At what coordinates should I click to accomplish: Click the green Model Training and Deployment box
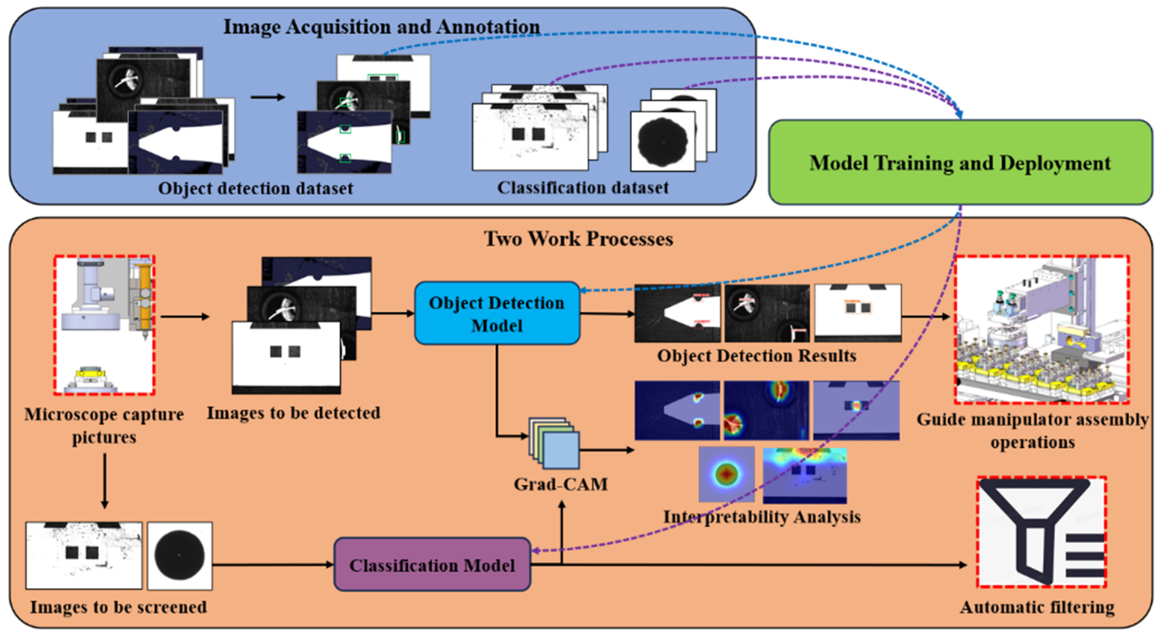tap(960, 162)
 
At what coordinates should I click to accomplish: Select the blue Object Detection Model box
tap(497, 314)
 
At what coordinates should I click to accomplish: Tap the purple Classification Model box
tap(432, 565)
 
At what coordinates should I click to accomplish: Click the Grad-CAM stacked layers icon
tap(555, 444)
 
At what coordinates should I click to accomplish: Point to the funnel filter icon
tap(1041, 532)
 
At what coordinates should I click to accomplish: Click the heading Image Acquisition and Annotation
tap(381, 27)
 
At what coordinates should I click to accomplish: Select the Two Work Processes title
tap(578, 238)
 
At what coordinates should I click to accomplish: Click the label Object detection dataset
tap(255, 188)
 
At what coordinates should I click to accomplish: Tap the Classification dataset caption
tap(582, 187)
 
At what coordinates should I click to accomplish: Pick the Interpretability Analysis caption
tap(762, 517)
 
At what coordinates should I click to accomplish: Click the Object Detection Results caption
tap(756, 356)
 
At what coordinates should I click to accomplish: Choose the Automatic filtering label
tap(1036, 607)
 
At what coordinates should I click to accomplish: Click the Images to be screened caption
tap(118, 607)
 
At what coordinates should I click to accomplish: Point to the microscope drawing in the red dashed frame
tap(104, 325)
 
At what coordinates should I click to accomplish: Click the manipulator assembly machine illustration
tap(1041, 330)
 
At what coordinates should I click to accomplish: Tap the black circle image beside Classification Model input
tap(179, 556)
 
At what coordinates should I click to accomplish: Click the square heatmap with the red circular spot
tap(726, 474)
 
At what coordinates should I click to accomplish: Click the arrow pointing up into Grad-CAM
tap(561, 532)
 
